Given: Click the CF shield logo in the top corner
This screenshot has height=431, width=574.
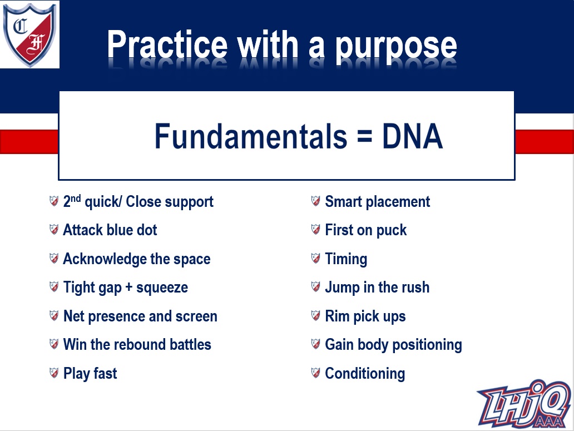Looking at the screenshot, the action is pos(29,35).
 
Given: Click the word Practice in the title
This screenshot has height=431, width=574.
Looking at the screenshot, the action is pos(167,44).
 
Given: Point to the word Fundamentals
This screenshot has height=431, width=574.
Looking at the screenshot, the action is pos(251,136).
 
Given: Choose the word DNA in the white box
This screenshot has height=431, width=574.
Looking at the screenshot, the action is pos(413,136).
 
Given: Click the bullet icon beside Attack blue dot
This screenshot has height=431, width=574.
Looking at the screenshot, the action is pos(54,229).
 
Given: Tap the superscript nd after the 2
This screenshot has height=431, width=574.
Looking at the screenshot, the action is pos(76,199).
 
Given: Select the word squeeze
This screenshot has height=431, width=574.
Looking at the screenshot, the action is pos(162,288).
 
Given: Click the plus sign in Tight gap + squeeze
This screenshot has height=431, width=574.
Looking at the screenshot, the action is pos(128,288).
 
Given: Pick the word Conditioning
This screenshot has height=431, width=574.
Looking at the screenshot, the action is pos(365,374).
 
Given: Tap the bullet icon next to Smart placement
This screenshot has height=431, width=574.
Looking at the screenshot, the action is pos(315,201).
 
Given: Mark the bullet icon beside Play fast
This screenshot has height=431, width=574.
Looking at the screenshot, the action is pos(54,373).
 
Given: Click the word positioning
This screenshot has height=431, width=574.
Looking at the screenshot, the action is pos(427,345).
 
